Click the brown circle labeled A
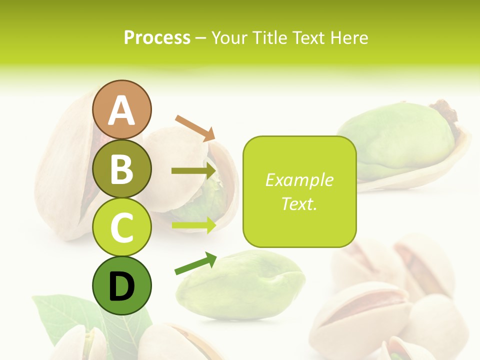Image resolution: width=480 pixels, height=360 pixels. click(x=121, y=109)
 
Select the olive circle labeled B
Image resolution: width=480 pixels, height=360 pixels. click(x=121, y=168)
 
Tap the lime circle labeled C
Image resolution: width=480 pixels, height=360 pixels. click(x=121, y=227)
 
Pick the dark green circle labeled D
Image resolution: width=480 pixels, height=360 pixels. click(x=121, y=286)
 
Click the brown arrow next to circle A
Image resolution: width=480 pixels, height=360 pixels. click(x=195, y=127)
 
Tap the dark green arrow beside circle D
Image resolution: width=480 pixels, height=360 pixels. click(x=195, y=263)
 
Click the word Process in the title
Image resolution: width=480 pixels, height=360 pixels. click(x=157, y=37)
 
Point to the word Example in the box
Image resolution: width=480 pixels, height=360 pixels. click(x=299, y=180)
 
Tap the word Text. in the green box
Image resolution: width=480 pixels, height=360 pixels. click(x=299, y=203)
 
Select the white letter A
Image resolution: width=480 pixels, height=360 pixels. click(x=121, y=110)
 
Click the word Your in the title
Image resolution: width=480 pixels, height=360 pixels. click(x=230, y=37)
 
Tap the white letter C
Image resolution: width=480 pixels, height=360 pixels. click(x=121, y=227)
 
